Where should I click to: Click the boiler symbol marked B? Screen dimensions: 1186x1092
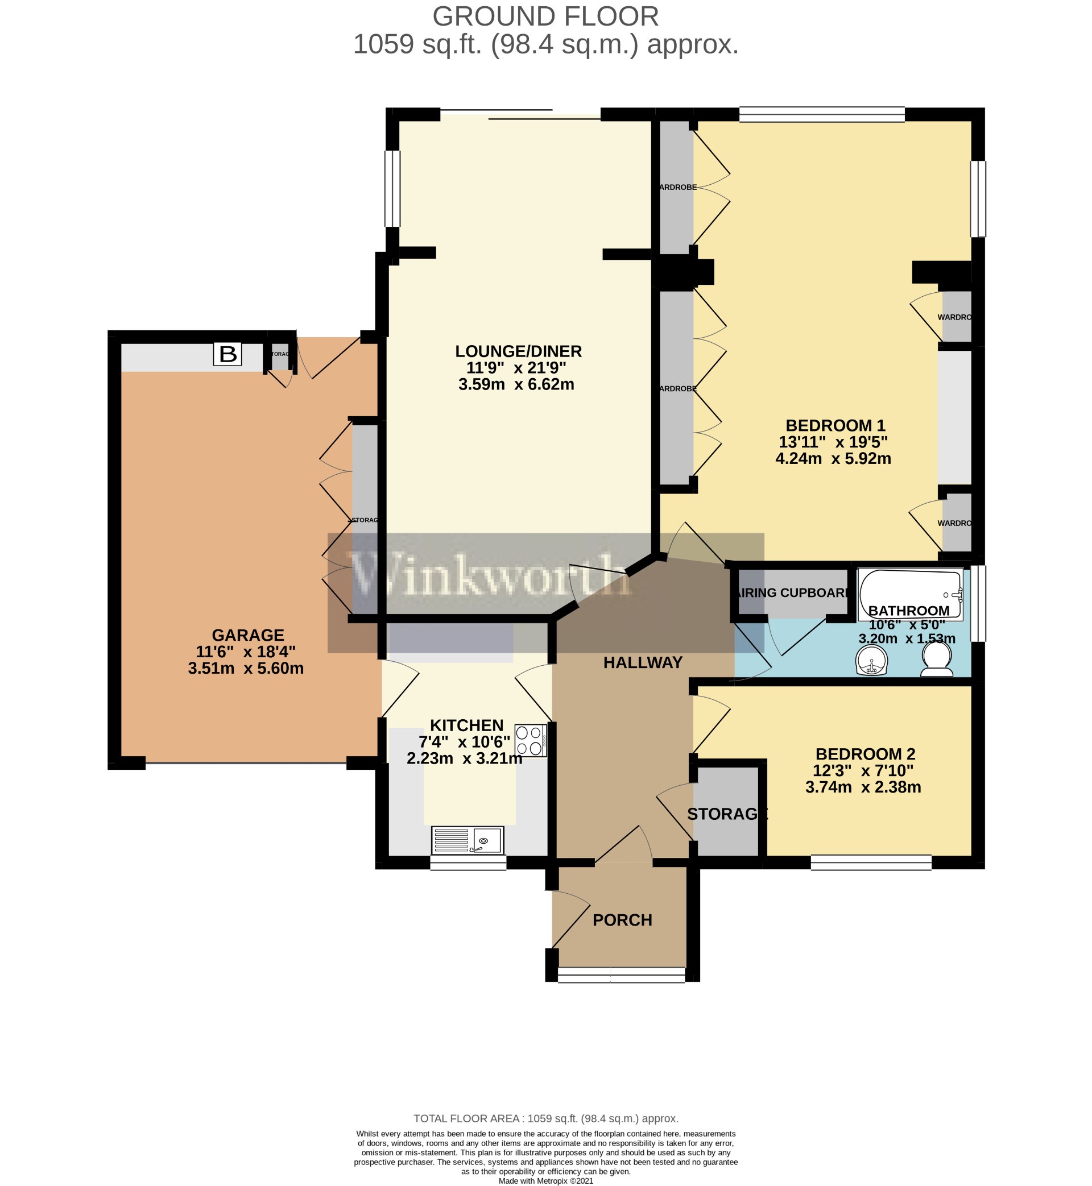click(227, 354)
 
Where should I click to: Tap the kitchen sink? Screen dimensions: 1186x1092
click(467, 840)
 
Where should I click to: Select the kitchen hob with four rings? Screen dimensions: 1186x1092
click(530, 740)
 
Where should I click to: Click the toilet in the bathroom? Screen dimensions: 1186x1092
click(937, 659)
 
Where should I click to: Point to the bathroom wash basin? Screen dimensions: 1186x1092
click(871, 660)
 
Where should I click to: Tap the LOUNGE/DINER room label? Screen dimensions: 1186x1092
click(518, 351)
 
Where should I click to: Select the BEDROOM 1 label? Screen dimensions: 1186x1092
click(835, 425)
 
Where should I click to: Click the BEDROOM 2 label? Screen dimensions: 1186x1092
click(865, 754)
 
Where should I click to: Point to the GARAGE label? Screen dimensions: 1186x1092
click(247, 635)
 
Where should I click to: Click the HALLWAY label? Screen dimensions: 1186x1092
click(642, 663)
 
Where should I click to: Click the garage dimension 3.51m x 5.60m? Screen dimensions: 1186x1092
click(246, 668)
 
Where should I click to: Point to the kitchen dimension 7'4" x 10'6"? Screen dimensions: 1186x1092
click(465, 742)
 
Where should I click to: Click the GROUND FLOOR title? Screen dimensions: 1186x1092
click(545, 16)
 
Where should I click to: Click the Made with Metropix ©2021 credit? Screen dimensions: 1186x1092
click(545, 1181)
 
